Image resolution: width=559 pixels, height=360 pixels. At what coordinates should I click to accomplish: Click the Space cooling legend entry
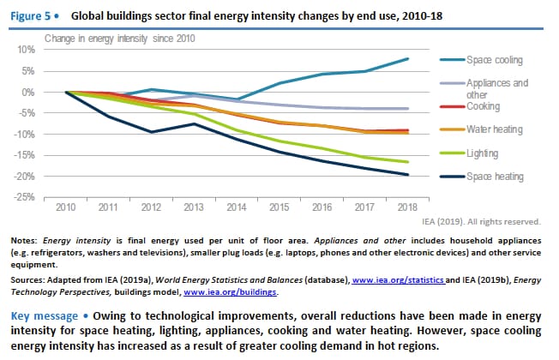[494, 60]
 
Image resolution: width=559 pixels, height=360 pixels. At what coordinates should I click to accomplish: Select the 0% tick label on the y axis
[27, 92]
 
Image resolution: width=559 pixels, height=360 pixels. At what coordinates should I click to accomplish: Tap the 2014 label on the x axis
[236, 207]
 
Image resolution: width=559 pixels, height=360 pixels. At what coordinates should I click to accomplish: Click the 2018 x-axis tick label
[406, 207]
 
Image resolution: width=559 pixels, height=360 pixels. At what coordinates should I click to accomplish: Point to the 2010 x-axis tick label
[66, 207]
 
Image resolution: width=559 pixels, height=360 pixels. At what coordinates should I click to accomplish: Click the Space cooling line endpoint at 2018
[406, 58]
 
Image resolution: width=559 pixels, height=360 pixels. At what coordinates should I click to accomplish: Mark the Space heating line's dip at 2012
[151, 132]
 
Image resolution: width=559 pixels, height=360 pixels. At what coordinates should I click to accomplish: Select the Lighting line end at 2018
[406, 162]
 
